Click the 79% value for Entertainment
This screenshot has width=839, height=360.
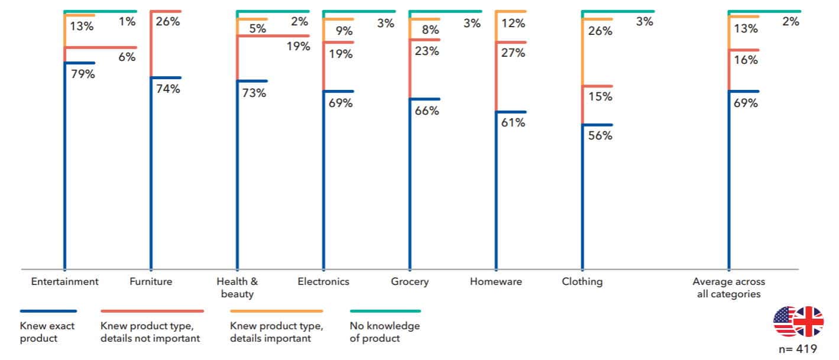click(83, 75)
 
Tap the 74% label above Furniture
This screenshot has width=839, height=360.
click(169, 90)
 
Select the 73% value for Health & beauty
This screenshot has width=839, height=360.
click(254, 93)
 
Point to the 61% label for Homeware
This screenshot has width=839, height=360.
click(513, 124)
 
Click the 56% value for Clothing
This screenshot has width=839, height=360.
click(600, 136)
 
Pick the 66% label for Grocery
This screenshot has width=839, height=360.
click(427, 111)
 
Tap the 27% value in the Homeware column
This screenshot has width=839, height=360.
click(513, 53)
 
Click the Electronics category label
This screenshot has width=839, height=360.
click(323, 281)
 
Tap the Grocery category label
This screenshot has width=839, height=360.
click(410, 281)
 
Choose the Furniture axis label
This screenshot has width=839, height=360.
click(151, 281)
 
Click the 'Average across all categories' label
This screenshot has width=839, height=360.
click(728, 287)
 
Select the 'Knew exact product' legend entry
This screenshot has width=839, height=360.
click(39, 332)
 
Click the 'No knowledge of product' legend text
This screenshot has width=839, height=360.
click(384, 332)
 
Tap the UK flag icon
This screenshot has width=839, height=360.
click(808, 322)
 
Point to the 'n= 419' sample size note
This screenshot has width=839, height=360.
click(798, 349)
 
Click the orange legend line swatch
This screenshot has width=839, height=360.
click(277, 311)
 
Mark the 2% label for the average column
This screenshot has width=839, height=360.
click(791, 22)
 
